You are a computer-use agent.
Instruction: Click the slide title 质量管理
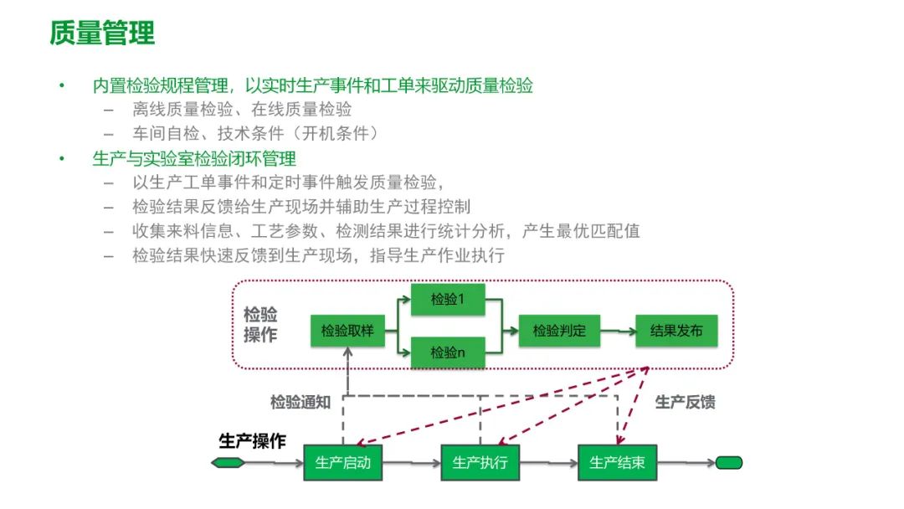tap(103, 34)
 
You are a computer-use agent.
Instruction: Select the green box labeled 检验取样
tap(347, 332)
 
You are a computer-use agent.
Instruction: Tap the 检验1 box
tap(448, 299)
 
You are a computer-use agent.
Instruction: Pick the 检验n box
tap(448, 353)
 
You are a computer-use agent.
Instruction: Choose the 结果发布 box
tap(676, 332)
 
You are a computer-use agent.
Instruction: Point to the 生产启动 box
tap(342, 462)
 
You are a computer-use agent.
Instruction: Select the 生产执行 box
tap(480, 462)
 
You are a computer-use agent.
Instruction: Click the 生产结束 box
tap(617, 462)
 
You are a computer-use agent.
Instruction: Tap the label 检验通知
tap(300, 402)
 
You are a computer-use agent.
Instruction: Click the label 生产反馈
tap(685, 402)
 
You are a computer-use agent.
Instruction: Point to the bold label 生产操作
tap(252, 441)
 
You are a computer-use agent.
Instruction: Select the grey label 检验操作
tap(260, 325)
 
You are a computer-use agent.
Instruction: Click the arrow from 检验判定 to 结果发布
tap(619, 332)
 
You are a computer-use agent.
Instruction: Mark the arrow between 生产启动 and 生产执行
tap(411, 462)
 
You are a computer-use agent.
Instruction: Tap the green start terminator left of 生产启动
tap(229, 462)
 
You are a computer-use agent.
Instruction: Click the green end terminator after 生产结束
tap(728, 462)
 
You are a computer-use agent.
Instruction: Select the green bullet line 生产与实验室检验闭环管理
tap(194, 158)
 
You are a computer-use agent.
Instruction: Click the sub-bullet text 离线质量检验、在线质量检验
tap(242, 109)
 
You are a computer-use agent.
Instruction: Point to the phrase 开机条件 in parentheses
tap(343, 133)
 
